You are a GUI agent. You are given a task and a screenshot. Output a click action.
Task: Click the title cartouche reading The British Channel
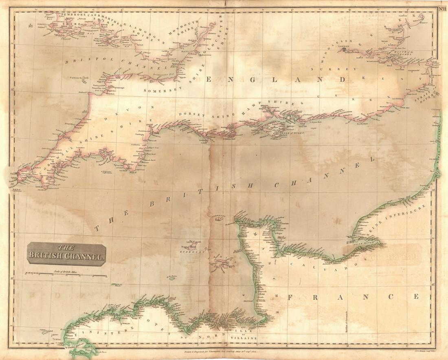67,252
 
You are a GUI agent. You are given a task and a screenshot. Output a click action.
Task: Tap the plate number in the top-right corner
442,5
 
